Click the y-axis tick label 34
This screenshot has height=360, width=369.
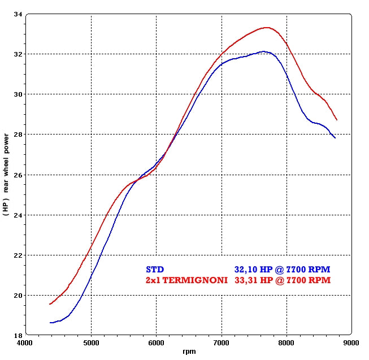(18, 14)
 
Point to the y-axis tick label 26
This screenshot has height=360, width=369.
(18, 175)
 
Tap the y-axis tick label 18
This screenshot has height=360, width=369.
(18, 335)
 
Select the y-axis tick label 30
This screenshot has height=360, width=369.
(18, 94)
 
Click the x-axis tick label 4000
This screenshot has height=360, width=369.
(26, 342)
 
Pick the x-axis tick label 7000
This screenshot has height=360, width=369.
(222, 342)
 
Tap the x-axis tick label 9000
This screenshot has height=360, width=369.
(351, 342)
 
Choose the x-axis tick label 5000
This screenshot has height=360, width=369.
(91, 342)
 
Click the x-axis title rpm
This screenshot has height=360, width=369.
(189, 352)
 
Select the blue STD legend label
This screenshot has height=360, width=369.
(155, 269)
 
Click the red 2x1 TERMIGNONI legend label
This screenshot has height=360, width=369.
(187, 280)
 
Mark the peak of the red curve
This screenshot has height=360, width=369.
(266, 27)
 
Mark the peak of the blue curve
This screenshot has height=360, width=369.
(263, 51)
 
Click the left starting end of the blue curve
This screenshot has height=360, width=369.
(50, 323)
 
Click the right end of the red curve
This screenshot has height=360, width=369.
(337, 120)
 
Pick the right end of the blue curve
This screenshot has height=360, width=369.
(335, 138)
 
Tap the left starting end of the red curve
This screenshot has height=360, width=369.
(50, 304)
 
